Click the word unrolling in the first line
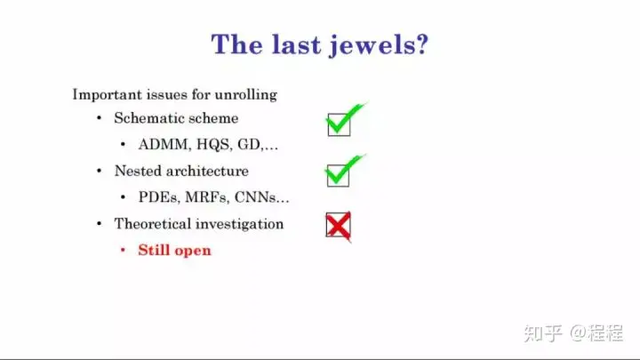[x=245, y=95]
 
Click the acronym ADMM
[x=164, y=145]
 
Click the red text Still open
[x=175, y=250]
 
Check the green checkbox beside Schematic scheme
[x=339, y=124]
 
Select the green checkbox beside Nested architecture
[x=338, y=175]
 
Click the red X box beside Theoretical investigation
[x=339, y=225]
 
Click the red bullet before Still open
[x=123, y=250]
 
